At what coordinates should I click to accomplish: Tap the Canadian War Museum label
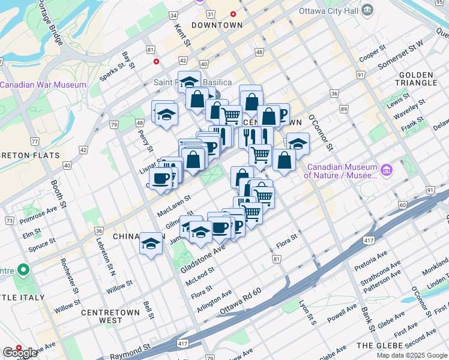pyautogui.click(x=43, y=85)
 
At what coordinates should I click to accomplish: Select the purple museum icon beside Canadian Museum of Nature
pyautogui.click(x=387, y=171)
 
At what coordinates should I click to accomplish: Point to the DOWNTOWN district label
pyautogui.click(x=217, y=25)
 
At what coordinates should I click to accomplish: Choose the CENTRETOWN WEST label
pyautogui.click(x=110, y=316)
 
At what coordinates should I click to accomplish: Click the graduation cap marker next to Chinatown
pyautogui.click(x=151, y=243)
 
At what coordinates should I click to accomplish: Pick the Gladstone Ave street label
pyautogui.click(x=202, y=257)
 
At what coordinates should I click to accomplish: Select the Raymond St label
pyautogui.click(x=130, y=350)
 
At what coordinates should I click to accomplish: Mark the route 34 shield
pyautogui.click(x=173, y=14)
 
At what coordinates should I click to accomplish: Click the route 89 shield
pyautogui.click(x=344, y=109)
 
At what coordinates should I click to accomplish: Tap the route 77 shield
pyautogui.click(x=35, y=142)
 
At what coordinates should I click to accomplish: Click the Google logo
pyautogui.click(x=20, y=353)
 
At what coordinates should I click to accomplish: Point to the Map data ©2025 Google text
pyautogui.click(x=411, y=355)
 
